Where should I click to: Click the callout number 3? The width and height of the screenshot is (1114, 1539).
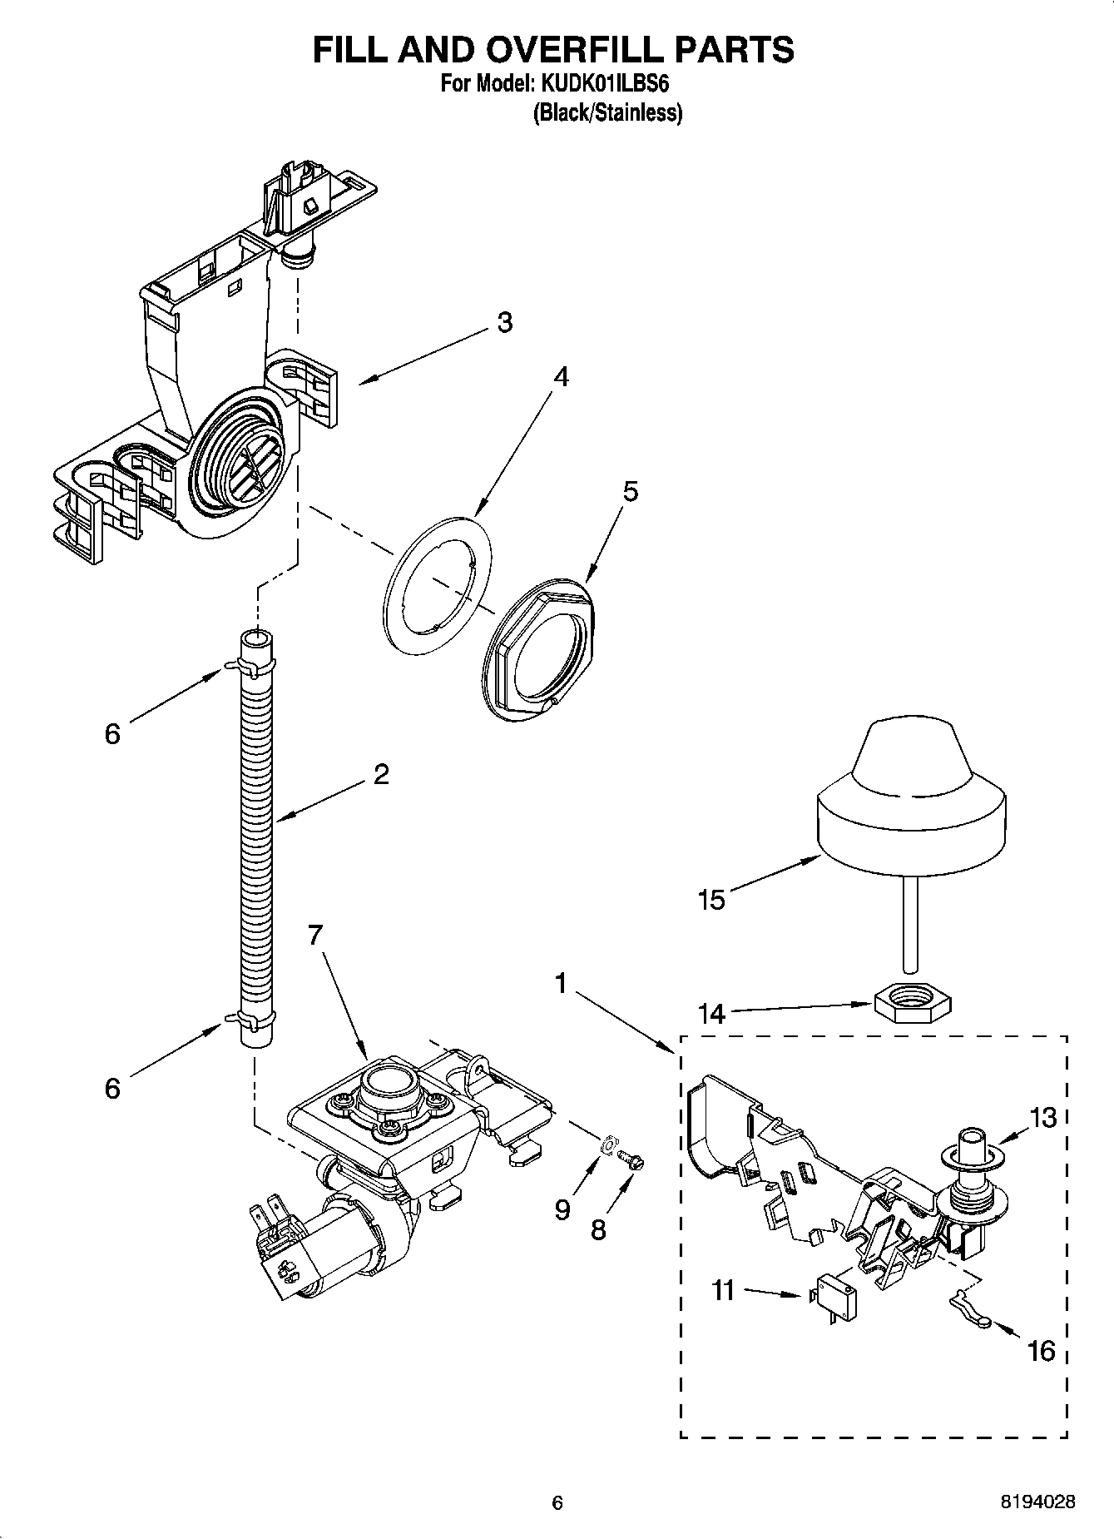tap(504, 323)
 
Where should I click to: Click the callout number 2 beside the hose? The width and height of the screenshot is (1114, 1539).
tap(381, 774)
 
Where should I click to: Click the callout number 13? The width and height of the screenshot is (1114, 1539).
tap(1043, 1118)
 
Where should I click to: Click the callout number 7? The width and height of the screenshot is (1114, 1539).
tap(314, 936)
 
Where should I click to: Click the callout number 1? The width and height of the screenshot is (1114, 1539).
tap(561, 984)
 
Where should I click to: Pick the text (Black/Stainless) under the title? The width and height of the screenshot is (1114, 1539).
tap(607, 113)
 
